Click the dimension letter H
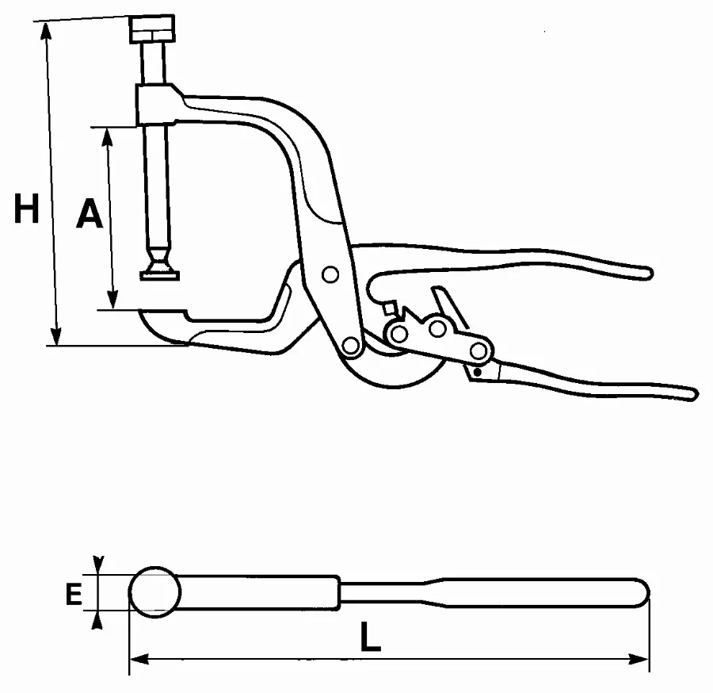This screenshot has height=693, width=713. [26, 209]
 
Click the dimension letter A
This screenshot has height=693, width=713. [90, 212]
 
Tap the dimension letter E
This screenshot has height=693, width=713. [74, 594]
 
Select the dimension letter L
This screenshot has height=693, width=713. [370, 637]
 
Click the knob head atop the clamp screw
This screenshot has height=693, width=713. [152, 29]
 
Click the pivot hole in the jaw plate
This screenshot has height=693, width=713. [330, 274]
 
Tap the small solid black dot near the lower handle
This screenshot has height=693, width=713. [477, 372]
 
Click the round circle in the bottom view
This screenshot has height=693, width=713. [155, 592]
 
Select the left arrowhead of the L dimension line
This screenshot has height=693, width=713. [139, 659]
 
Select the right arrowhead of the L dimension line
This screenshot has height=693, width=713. [639, 659]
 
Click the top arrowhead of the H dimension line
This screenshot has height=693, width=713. [45, 31]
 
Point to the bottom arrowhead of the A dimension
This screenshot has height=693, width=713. [112, 300]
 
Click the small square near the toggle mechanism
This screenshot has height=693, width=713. [389, 308]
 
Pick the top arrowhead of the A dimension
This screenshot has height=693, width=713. [107, 137]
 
